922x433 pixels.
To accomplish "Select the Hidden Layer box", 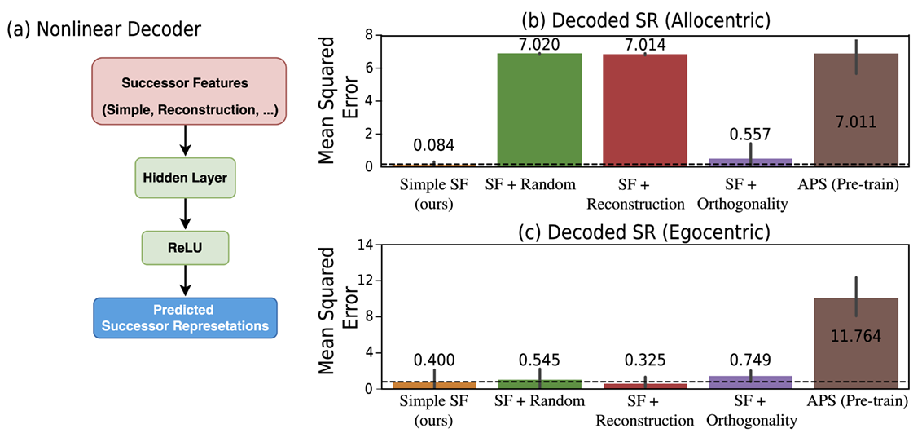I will (x=185, y=177).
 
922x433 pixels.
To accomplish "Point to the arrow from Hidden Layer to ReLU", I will (x=185, y=214).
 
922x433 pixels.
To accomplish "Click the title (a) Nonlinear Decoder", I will (x=103, y=30).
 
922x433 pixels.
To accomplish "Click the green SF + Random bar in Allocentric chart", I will (x=539, y=110).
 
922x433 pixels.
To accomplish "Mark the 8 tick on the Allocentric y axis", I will (x=369, y=35).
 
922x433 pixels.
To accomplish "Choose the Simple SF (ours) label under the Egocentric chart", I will (x=433, y=411).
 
